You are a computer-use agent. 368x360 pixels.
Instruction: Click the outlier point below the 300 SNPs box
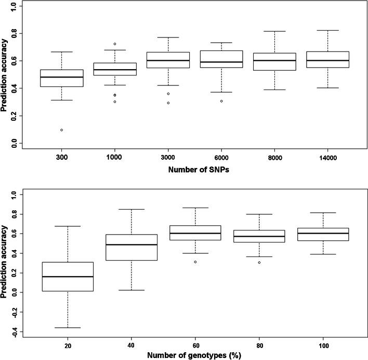(x=62, y=130)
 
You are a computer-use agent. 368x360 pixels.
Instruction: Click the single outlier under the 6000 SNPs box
(x=221, y=101)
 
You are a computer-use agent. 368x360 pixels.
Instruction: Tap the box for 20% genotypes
(x=79, y=277)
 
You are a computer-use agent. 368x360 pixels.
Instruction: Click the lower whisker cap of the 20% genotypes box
(x=79, y=328)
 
